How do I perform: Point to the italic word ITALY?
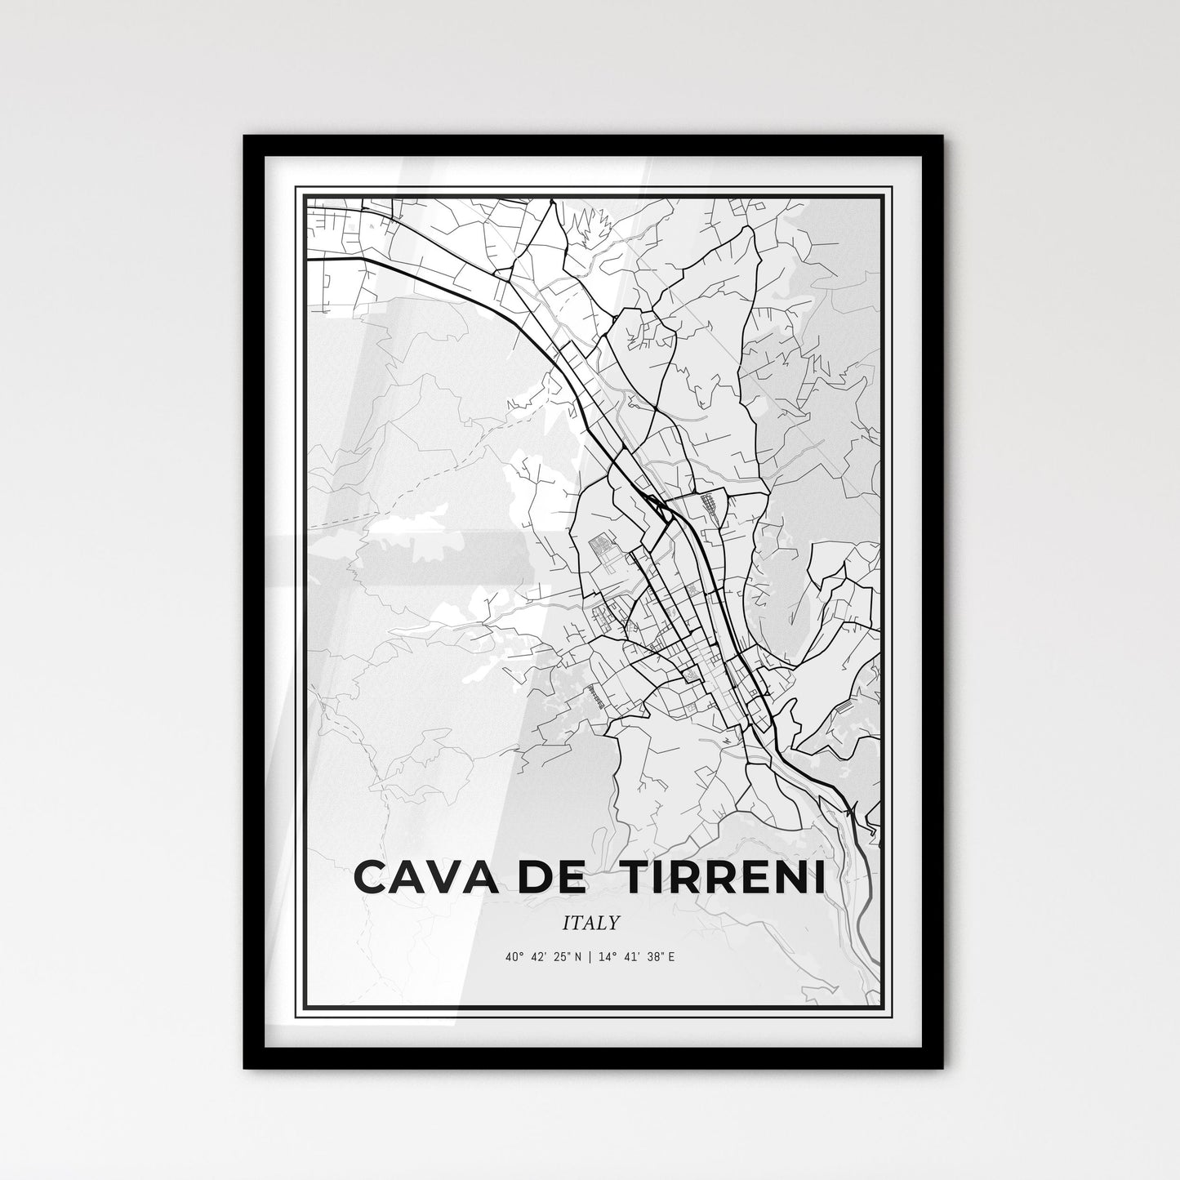[590, 923]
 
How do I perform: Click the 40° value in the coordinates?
[514, 956]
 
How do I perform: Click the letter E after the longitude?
[671, 956]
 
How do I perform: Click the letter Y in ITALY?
[613, 923]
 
